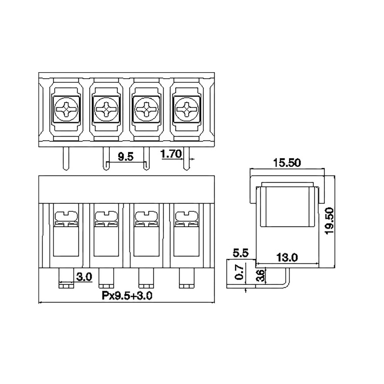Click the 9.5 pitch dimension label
click(126, 157)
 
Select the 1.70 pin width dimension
click(171, 154)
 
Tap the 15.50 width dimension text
click(287, 163)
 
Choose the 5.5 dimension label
click(240, 253)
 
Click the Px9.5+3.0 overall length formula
click(127, 296)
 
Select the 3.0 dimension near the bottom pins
click(84, 277)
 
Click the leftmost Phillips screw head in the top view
click(66, 109)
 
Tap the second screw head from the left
click(106, 109)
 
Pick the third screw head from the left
click(146, 109)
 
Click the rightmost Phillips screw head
click(187, 109)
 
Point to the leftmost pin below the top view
click(66, 159)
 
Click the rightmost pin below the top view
click(186, 159)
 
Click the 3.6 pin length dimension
click(261, 276)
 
